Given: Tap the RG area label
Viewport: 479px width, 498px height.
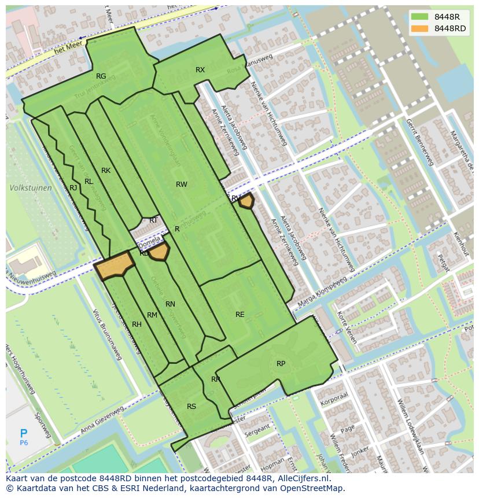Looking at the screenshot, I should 101,76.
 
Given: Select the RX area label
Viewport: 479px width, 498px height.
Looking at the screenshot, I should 200,70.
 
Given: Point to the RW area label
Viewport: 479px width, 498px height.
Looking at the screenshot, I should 182,185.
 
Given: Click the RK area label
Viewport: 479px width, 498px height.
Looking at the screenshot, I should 106,171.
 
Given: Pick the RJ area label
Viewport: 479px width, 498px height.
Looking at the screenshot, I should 73,188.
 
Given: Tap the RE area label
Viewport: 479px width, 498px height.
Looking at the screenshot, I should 240,315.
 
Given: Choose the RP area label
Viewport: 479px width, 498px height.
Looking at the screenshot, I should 281,364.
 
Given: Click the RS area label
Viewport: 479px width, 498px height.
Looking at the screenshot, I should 191,407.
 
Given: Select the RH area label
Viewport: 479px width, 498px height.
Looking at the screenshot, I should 137,324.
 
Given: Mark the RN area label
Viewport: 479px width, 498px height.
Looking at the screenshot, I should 170,304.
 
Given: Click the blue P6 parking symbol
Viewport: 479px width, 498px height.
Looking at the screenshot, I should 24,435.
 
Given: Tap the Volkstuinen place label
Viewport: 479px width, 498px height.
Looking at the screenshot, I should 30,188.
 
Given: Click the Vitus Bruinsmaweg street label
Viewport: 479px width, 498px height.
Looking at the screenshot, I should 107,334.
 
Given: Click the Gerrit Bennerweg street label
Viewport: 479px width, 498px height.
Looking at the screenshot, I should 419,142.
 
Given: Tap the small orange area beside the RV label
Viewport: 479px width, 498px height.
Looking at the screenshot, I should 247,201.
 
